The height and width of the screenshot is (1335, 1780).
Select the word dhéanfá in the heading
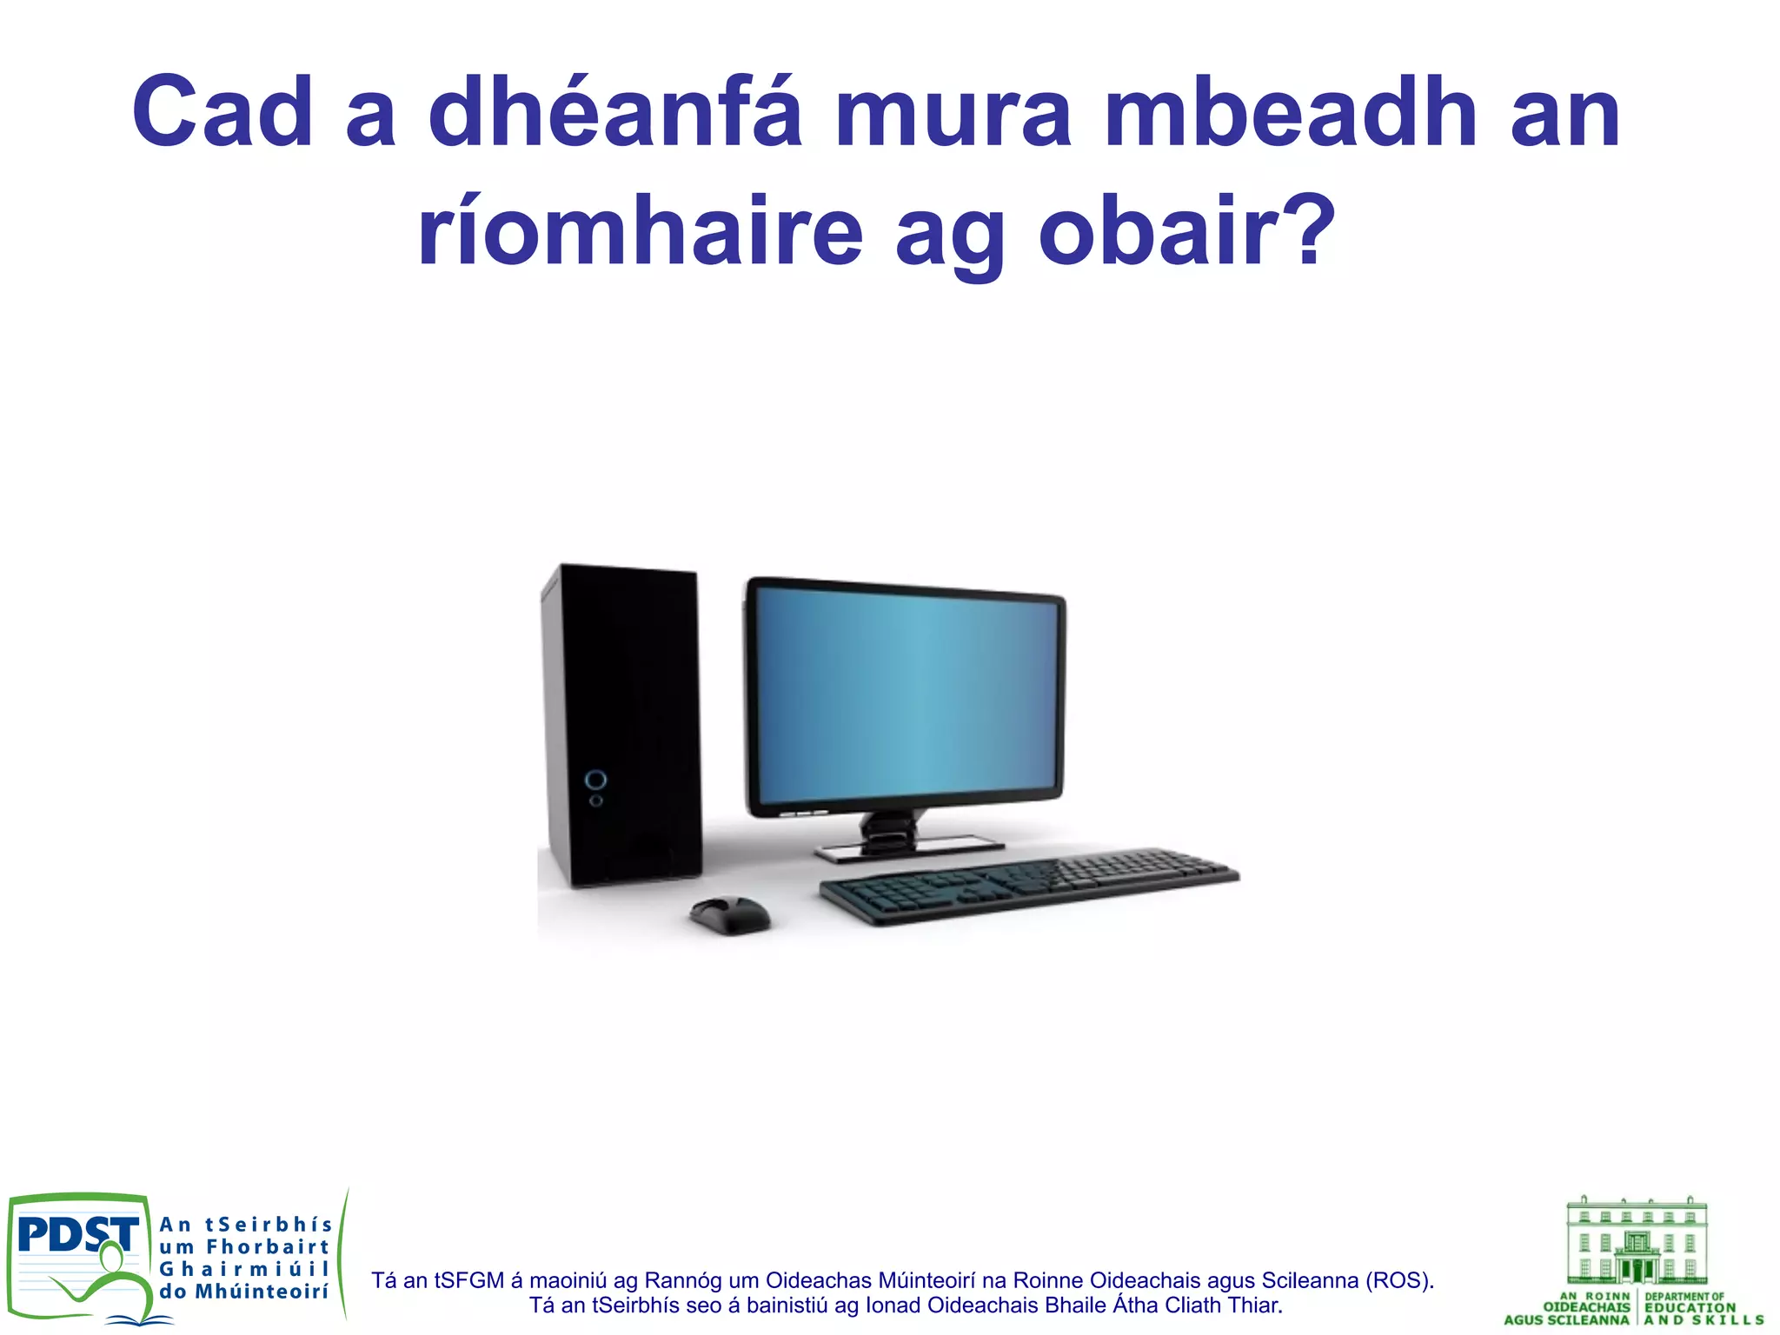614,113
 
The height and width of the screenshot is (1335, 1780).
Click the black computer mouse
730,915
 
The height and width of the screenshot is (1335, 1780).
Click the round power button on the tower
596,779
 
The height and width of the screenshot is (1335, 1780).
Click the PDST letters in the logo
76,1234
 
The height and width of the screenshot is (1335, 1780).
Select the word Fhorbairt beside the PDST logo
268,1247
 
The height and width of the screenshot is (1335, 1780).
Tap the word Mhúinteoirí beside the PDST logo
262,1292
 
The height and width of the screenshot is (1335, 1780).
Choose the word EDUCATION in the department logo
1690,1307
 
